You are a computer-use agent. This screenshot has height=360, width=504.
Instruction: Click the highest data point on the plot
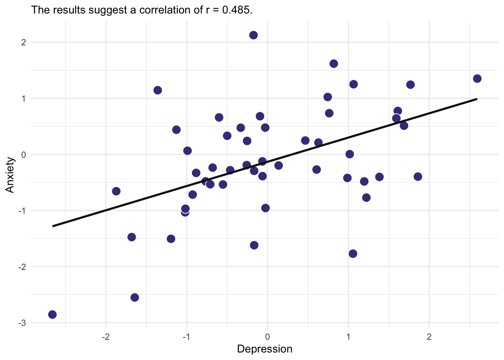[253, 35]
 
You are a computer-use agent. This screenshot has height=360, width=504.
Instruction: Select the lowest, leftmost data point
[52, 314]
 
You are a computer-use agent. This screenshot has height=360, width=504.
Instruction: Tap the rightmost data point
[477, 78]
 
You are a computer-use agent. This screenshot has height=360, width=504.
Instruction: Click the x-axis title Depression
[264, 349]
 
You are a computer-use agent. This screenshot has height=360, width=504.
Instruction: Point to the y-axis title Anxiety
[10, 175]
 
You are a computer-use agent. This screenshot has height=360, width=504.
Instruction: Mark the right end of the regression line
[477, 99]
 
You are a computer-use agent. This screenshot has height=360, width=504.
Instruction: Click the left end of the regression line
[53, 226]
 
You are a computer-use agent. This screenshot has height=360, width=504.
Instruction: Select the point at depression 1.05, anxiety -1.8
[353, 253]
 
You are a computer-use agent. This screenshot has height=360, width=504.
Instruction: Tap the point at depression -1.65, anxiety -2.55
[135, 297]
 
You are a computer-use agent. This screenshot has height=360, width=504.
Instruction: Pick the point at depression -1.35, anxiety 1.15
[157, 90]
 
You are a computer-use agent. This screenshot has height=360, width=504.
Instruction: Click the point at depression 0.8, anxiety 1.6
[334, 64]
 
